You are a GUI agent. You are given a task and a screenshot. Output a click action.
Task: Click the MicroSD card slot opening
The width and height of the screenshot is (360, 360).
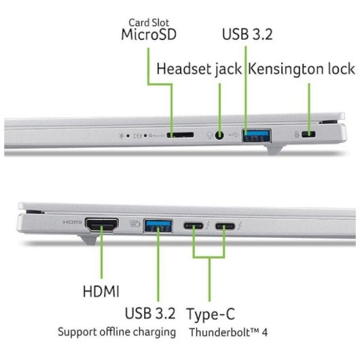pos(180,134)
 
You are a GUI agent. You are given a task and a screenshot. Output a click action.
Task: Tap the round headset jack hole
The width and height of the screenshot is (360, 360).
pos(219,135)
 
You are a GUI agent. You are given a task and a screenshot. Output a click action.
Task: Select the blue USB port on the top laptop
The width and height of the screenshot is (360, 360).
pos(257,136)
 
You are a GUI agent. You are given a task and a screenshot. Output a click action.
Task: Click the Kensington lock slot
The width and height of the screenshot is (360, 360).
pos(308,134)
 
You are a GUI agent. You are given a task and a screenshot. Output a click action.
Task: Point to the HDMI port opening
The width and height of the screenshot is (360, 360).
pos(102,225)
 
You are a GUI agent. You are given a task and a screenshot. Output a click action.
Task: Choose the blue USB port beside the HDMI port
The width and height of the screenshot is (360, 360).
pos(158,226)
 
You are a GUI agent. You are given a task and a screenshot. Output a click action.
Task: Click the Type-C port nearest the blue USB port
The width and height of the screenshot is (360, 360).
pos(194,226)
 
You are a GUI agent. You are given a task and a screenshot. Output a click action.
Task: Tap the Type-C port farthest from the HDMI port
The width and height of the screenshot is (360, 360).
pos(225,226)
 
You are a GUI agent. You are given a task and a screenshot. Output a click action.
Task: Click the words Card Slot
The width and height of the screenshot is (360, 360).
pos(149,22)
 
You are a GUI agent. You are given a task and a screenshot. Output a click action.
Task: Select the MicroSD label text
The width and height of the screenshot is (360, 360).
pos(149,35)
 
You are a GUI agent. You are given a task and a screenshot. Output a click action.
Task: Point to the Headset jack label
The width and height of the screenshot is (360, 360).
pos(199,69)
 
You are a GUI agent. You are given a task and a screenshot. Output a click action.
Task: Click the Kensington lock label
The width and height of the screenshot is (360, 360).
pos(302,69)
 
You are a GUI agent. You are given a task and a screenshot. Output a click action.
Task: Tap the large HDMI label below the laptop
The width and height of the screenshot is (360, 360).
pos(101,291)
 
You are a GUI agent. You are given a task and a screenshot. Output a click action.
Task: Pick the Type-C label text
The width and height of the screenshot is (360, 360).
pos(211,314)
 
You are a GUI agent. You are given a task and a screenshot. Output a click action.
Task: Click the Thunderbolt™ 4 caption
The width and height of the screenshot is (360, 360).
pos(228,332)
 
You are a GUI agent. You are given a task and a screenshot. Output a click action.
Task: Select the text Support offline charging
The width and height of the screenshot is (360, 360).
pos(117,332)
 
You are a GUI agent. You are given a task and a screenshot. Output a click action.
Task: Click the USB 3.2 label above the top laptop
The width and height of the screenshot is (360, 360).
pos(247,34)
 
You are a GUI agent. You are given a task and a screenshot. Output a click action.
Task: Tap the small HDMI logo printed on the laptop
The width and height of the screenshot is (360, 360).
pos(72,222)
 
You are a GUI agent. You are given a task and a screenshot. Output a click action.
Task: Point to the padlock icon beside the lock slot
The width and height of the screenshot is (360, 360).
pos(297,134)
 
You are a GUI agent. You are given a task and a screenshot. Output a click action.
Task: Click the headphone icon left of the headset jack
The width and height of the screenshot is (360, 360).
pos(209,135)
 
